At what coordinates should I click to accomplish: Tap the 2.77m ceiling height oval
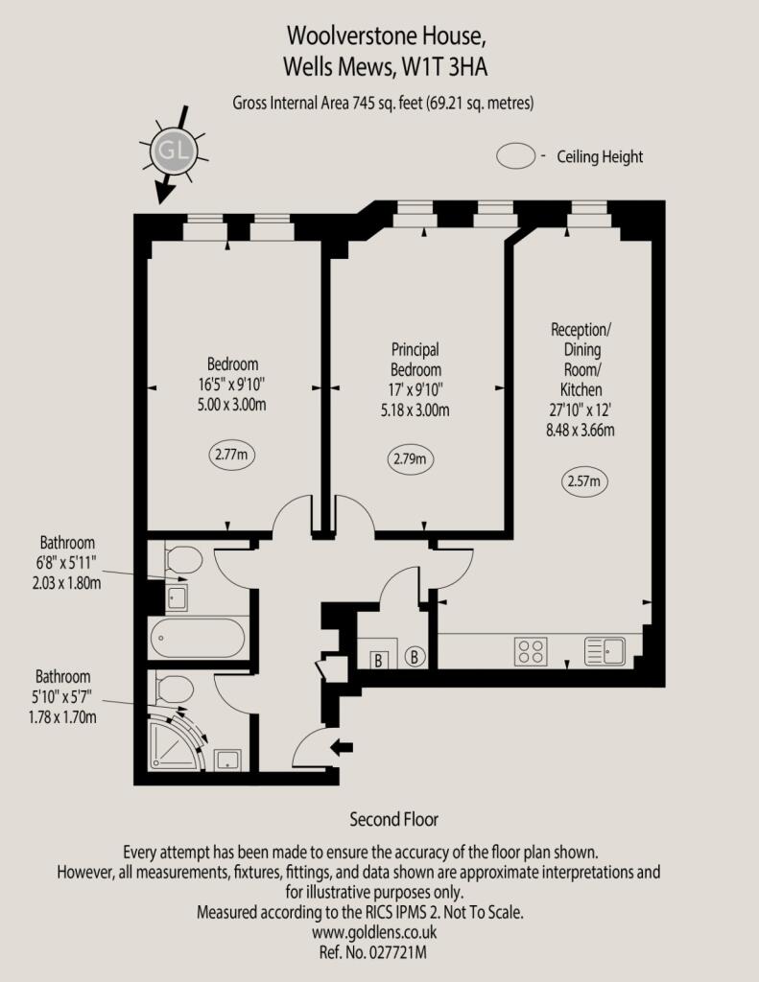232,455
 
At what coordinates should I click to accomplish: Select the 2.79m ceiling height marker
410,459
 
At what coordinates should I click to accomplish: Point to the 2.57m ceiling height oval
584,481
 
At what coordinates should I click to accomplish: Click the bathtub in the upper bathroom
197,638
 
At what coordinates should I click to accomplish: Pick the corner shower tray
178,741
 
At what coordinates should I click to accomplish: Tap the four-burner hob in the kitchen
531,651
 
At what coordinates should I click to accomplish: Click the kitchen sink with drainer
605,651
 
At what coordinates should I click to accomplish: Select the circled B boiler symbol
415,656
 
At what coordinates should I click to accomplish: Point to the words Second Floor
393,819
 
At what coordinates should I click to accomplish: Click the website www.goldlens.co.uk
374,932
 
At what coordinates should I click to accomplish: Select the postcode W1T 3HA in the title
445,67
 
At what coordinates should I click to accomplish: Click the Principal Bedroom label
415,360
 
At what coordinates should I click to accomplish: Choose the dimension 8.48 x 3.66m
581,431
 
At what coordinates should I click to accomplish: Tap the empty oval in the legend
516,156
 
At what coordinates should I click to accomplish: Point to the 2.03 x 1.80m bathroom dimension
66,583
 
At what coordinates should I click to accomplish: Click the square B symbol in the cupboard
378,660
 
